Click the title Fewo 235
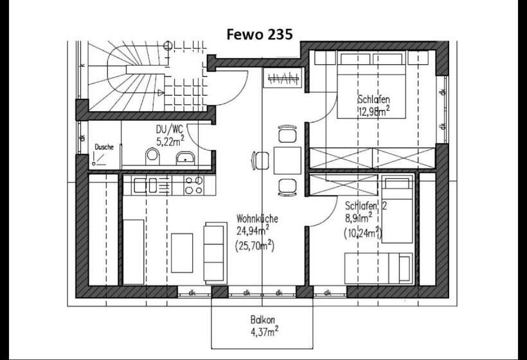click(x=260, y=34)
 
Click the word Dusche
click(x=104, y=147)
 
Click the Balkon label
click(x=263, y=319)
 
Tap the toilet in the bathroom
click(x=152, y=156)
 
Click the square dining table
click(x=287, y=160)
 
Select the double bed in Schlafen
click(x=373, y=84)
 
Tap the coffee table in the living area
click(x=182, y=252)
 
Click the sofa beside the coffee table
click(x=215, y=251)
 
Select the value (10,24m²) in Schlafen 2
click(x=362, y=233)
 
